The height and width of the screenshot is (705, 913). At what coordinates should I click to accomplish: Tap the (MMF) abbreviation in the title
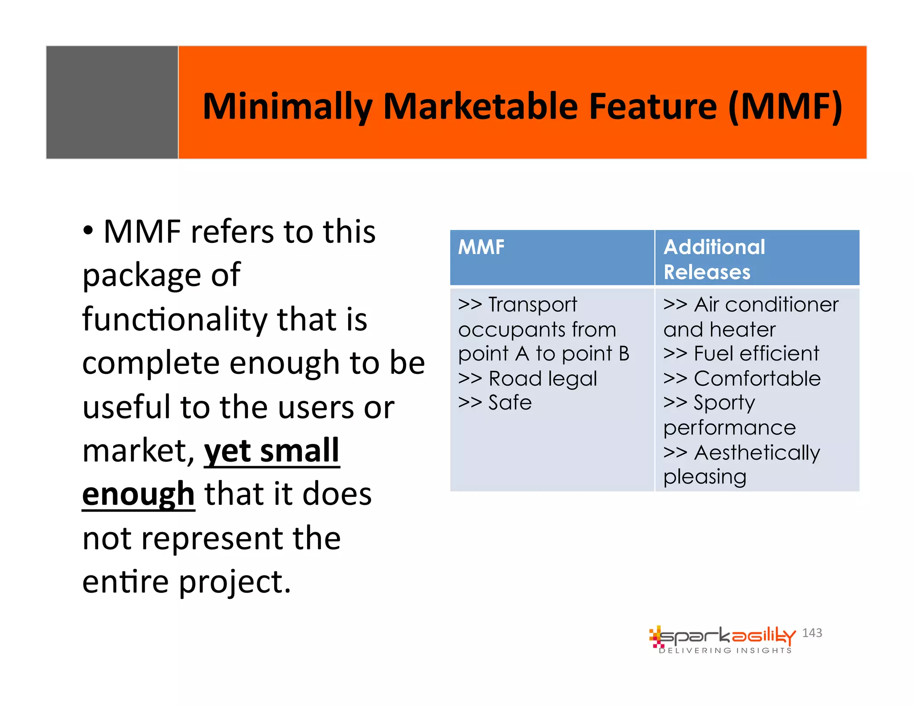pyautogui.click(x=785, y=107)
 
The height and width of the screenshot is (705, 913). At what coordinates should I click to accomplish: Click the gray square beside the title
pyautogui.click(x=112, y=102)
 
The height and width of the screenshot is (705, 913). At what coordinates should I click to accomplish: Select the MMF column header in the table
pyautogui.click(x=481, y=247)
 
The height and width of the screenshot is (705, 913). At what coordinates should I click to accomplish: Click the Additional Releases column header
pyautogui.click(x=714, y=259)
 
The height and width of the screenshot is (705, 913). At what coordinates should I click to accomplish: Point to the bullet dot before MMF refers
pyautogui.click(x=88, y=231)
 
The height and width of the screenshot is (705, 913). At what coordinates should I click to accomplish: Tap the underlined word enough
pyautogui.click(x=139, y=494)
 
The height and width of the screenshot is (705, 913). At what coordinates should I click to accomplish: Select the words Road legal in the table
pyautogui.click(x=543, y=379)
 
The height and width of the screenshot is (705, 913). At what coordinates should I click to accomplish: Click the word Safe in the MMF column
pyautogui.click(x=510, y=403)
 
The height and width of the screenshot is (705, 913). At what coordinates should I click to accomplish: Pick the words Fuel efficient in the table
pyautogui.click(x=756, y=354)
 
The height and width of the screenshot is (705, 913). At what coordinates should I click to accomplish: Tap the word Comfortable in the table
pyautogui.click(x=757, y=379)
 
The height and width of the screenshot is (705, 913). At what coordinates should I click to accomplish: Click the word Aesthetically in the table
pyautogui.click(x=757, y=453)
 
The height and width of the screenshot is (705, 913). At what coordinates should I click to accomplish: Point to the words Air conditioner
pyautogui.click(x=766, y=305)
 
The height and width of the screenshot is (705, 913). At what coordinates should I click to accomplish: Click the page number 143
pyautogui.click(x=812, y=633)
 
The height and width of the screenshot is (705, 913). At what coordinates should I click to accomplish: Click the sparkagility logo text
pyautogui.click(x=727, y=636)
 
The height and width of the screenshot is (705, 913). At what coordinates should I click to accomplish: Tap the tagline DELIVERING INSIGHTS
pyautogui.click(x=725, y=651)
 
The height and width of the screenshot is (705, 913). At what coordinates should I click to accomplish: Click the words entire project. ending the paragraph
pyautogui.click(x=186, y=582)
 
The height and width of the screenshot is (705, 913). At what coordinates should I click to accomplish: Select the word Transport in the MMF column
pyautogui.click(x=533, y=305)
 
